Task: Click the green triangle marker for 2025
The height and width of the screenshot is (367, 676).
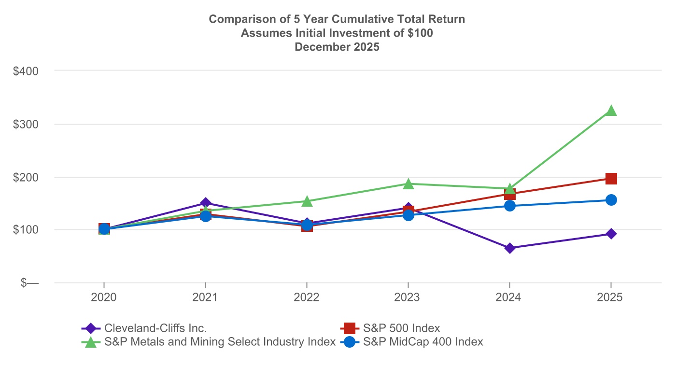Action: click(x=611, y=111)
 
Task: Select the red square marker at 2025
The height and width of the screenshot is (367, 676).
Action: click(x=611, y=179)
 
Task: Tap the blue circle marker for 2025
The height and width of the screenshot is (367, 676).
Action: click(x=611, y=200)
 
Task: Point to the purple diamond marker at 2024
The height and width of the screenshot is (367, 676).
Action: click(x=510, y=248)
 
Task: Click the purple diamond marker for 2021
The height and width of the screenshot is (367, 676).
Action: click(x=206, y=203)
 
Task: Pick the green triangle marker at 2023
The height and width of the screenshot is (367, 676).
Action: click(x=408, y=183)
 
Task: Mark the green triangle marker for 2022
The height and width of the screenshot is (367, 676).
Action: click(x=307, y=201)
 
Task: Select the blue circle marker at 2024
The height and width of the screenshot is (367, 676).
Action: click(x=510, y=206)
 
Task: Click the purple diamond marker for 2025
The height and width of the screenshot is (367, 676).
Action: click(x=611, y=234)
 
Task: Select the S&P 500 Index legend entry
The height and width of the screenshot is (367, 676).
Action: click(x=401, y=328)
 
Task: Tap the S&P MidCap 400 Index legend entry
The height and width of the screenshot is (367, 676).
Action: click(x=422, y=342)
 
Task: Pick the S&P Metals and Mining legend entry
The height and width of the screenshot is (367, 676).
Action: click(x=220, y=342)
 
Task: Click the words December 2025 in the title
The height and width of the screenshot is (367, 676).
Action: click(x=337, y=47)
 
